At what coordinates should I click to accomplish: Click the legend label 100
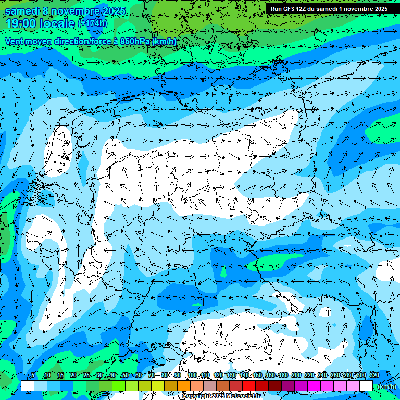coord(192,375)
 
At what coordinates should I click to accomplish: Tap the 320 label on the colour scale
coord(374,375)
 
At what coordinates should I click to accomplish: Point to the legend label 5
coord(33,375)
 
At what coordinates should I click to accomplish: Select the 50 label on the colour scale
coord(125,375)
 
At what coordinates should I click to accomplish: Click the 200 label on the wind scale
coord(296,375)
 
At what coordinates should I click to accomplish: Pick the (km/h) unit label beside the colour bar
coord(386,386)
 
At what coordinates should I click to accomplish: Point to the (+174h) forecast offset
coord(93,23)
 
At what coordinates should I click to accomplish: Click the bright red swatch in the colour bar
coord(248,386)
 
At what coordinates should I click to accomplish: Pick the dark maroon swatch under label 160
coord(274,386)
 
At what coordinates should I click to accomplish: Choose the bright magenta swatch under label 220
coord(314,386)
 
